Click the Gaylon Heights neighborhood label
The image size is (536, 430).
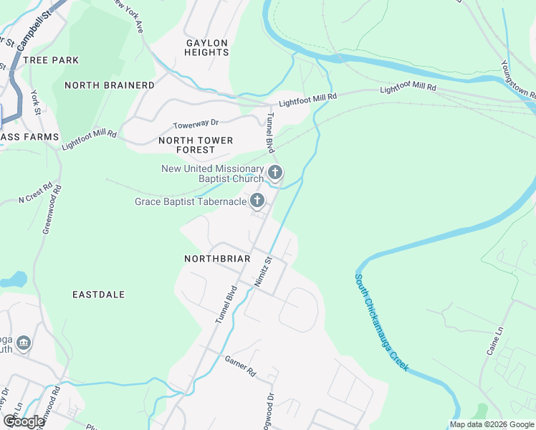(207, 47)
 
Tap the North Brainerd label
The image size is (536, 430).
(109, 85)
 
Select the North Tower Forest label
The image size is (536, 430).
(196, 145)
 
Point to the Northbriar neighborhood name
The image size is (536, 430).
(217, 258)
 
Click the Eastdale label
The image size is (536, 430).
(99, 295)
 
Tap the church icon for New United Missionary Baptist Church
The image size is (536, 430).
(275, 173)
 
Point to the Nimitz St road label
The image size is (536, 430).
(263, 272)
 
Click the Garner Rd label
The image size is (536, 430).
(240, 368)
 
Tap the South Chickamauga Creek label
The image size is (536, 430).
(381, 322)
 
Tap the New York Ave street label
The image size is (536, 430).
(130, 16)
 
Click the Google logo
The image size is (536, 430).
(24, 421)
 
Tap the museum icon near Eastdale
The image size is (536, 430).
(23, 344)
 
